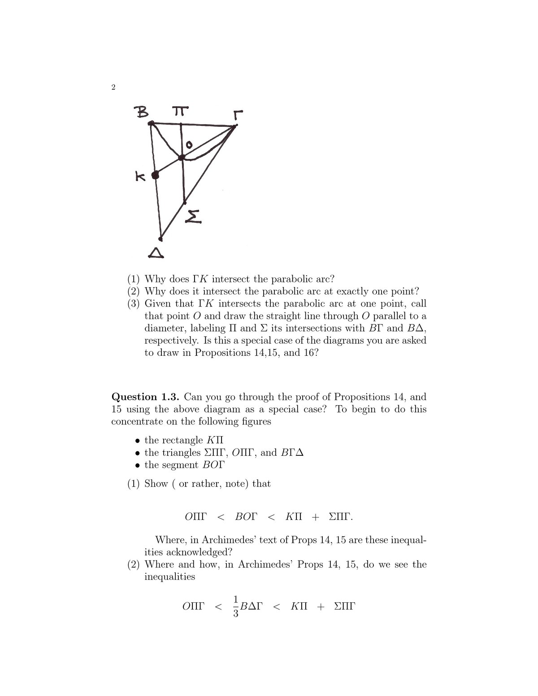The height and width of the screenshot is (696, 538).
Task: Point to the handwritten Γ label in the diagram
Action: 238,115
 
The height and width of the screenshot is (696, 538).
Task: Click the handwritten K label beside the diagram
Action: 140,177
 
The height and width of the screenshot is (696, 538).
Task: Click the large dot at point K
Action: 155,175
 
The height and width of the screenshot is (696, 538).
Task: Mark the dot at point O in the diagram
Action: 181,157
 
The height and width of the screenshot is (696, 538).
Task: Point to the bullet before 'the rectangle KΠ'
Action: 138,441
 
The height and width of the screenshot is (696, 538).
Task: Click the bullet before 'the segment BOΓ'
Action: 138,465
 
